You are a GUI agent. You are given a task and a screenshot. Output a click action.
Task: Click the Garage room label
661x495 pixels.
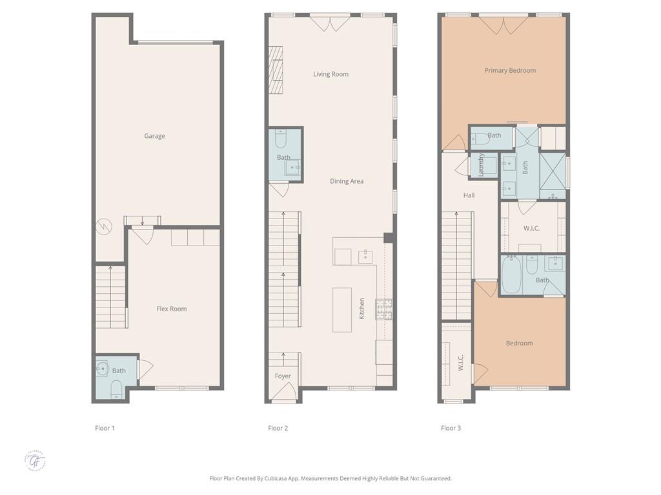pos(154,136)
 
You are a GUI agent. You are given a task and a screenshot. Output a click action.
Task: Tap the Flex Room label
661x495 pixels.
pos(172,309)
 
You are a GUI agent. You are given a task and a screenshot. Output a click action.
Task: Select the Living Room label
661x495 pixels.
pos(330,74)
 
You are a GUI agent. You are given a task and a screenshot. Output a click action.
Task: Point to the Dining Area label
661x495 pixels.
pos(347,181)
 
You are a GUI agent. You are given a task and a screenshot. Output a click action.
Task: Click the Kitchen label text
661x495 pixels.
pos(362,308)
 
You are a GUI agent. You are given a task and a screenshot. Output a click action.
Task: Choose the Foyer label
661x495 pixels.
pos(283,376)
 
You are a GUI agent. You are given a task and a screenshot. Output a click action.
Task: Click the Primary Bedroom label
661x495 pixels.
pos(510,70)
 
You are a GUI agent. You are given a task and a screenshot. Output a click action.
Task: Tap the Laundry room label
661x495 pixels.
pos(482,165)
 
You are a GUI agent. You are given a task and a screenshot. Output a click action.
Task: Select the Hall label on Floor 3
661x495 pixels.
pos(469,195)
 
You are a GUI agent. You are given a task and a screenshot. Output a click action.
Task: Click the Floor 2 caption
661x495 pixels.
pos(278,428)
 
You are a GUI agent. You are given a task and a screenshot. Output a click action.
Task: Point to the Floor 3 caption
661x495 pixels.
pos(451,428)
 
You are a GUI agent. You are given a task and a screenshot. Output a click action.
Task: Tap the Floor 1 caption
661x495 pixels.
pos(105,428)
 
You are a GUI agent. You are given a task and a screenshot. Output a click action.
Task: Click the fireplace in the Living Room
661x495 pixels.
pos(276,70)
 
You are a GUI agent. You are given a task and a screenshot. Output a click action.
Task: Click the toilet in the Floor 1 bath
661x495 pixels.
pos(116,389)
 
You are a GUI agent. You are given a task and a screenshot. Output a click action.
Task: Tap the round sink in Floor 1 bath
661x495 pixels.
pos(102,369)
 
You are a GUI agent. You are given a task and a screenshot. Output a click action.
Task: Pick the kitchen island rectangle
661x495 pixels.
pos(342,309)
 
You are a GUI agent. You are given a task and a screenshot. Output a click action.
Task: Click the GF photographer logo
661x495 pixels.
pos(36,460)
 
